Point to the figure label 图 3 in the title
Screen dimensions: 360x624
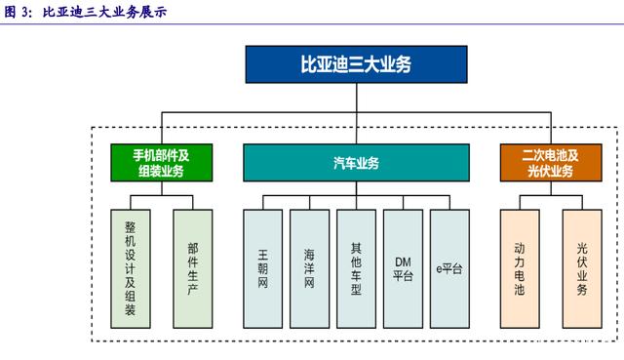[x=19, y=12]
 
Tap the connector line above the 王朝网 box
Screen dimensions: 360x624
[x=262, y=202]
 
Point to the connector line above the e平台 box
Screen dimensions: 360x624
[x=449, y=202]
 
